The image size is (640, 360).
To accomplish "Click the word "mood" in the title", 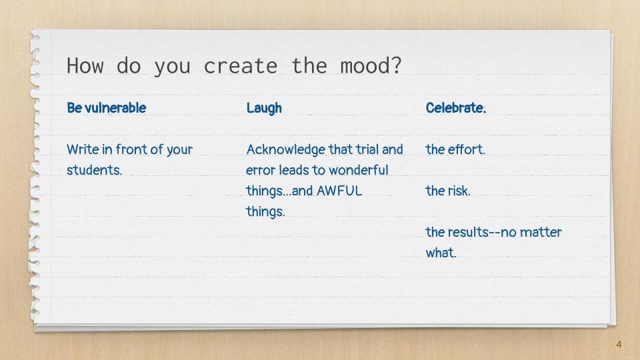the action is coord(365,65).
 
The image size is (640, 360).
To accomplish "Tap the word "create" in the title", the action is coord(241,66).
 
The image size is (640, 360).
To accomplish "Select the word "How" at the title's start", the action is coord(85,65).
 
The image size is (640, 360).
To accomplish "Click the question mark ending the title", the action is coord(396,65).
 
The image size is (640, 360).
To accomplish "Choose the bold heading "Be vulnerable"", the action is coord(107,108).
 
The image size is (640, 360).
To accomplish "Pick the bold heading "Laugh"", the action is coord(264,108).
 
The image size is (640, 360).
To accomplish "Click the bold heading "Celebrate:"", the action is coord(456,108).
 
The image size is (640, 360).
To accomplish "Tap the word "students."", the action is coord(94,170).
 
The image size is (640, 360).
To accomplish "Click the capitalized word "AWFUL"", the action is coord(339,191).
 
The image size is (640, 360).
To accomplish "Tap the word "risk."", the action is coord(459,191).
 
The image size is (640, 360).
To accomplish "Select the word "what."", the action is coord(441,253).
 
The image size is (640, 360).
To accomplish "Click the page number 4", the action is coord(619,345).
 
